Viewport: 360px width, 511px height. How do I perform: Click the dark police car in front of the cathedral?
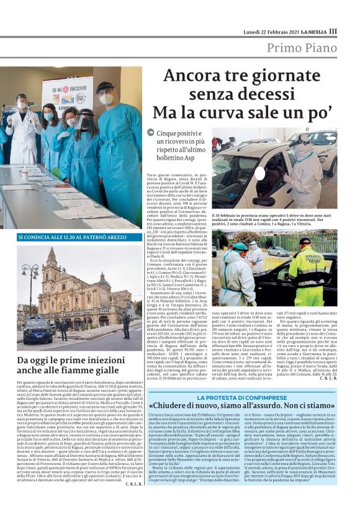[39, 328]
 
